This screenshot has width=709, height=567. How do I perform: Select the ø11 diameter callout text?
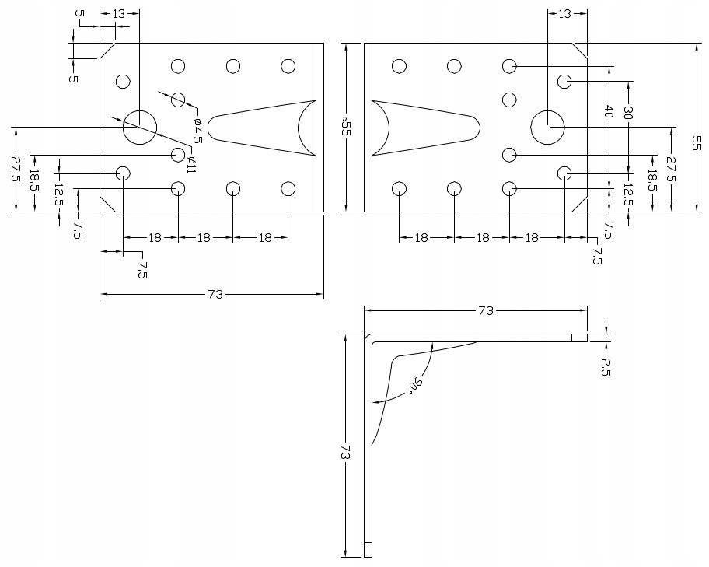point(191,164)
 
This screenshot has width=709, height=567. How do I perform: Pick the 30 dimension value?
point(628,113)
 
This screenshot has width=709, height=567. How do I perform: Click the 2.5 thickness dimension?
point(606,366)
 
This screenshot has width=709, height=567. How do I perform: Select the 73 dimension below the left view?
point(215,294)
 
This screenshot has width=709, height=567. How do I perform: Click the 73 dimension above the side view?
point(485,310)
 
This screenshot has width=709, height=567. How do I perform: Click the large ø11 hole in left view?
point(139,127)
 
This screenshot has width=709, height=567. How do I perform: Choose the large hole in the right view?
point(547,127)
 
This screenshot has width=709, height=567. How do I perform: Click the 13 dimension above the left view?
point(119,14)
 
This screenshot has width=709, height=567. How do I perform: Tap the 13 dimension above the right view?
point(564,14)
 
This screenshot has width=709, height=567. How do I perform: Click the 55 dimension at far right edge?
point(697,142)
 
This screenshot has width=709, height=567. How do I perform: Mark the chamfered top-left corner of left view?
point(108,51)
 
